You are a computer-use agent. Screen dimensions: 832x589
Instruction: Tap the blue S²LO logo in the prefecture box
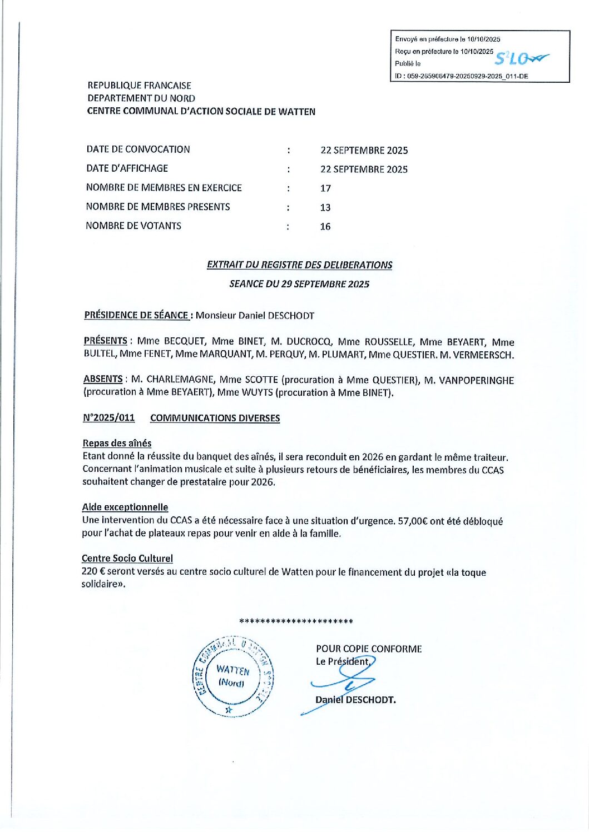(x=521, y=58)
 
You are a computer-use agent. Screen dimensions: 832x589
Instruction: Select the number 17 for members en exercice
(x=325, y=188)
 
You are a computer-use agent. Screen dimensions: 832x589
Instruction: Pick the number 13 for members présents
(x=325, y=207)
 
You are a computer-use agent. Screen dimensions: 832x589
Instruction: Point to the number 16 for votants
(x=325, y=226)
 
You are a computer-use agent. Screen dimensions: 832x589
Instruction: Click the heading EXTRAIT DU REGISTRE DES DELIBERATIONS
(x=299, y=265)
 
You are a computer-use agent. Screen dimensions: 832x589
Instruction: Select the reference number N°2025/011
(x=109, y=418)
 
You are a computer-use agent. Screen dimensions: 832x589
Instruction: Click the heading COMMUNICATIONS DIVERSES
(x=215, y=418)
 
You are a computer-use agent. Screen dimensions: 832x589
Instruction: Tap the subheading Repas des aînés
(x=117, y=443)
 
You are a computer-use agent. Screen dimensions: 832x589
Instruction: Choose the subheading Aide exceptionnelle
(x=125, y=507)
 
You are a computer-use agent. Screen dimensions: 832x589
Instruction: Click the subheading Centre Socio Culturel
(x=127, y=558)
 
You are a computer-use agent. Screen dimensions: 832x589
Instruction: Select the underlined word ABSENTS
(x=103, y=379)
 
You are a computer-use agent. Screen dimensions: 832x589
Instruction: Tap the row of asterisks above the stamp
(x=296, y=621)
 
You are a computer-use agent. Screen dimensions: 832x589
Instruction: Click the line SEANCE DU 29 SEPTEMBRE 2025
(x=299, y=284)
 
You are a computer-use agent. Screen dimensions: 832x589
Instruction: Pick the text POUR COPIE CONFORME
(x=369, y=649)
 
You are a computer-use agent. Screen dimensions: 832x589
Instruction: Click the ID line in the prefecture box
(x=462, y=76)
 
